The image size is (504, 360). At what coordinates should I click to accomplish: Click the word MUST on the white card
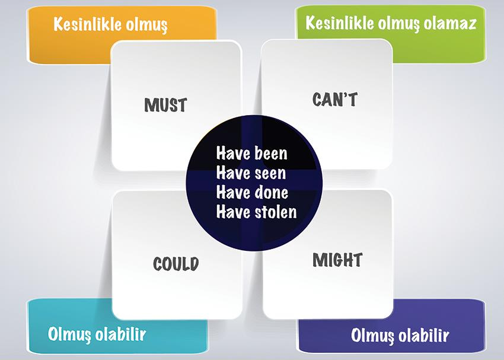(x=165, y=105)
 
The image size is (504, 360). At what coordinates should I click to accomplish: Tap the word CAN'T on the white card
(x=335, y=99)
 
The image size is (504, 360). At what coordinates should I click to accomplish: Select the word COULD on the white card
(x=176, y=263)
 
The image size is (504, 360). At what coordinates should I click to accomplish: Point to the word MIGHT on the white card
(x=337, y=260)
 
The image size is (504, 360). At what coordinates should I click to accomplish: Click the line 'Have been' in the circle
(x=251, y=153)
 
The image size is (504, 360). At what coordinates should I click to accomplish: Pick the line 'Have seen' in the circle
(x=251, y=173)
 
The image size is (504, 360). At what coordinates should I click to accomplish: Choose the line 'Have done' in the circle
(x=253, y=193)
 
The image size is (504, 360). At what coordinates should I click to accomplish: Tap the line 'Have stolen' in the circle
(x=257, y=212)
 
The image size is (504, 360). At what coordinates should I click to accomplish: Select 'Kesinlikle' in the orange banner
(x=87, y=24)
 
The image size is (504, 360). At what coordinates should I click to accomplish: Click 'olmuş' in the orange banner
(x=146, y=26)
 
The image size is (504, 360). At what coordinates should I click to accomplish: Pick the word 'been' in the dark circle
(x=271, y=153)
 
